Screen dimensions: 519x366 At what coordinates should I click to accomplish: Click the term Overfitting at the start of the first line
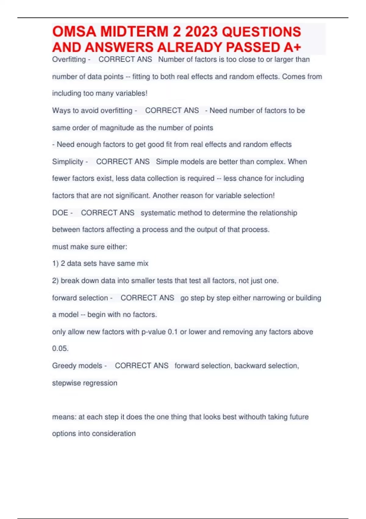click(69, 59)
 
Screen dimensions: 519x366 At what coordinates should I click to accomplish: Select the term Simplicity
click(68, 162)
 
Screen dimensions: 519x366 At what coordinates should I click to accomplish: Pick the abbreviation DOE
click(60, 213)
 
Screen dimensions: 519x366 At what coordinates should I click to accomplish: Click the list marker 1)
click(55, 263)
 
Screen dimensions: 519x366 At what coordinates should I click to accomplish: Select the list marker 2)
click(55, 281)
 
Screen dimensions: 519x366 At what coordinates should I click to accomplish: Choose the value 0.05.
click(60, 348)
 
